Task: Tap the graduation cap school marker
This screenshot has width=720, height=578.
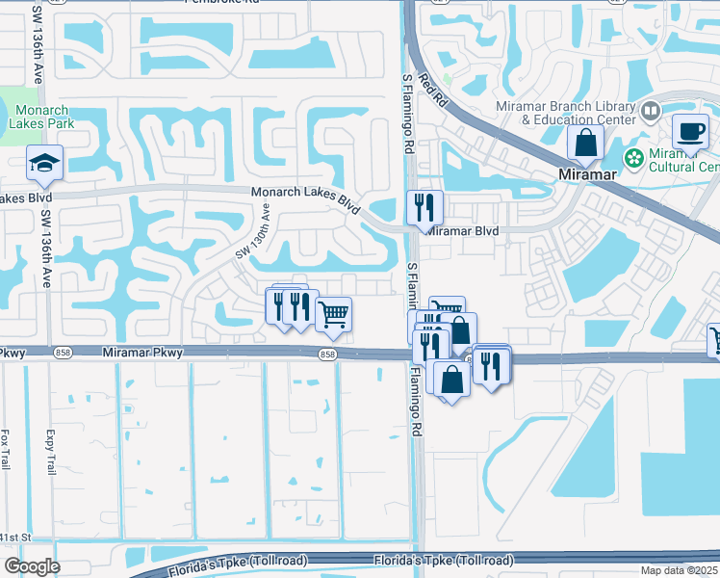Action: point(44,165)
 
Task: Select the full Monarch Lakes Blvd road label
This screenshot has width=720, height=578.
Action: point(305,199)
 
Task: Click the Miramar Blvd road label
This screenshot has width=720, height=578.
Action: point(463,231)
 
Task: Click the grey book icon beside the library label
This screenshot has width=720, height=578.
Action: point(651,113)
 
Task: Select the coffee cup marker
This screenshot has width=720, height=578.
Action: point(689,131)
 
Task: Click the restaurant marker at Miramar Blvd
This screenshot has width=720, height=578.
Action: point(424,206)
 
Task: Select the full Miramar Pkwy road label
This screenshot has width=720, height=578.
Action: point(142,354)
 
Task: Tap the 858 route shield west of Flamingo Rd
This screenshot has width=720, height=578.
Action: point(328,355)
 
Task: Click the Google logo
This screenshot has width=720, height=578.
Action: point(32,566)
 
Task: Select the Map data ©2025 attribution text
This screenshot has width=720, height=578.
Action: point(680,570)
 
